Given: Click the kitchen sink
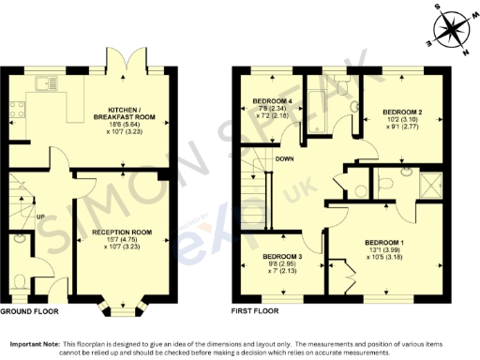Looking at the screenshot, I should click(x=44, y=84).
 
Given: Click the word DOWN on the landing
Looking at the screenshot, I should click(x=287, y=158).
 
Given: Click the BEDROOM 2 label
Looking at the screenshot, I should click(x=403, y=112).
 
